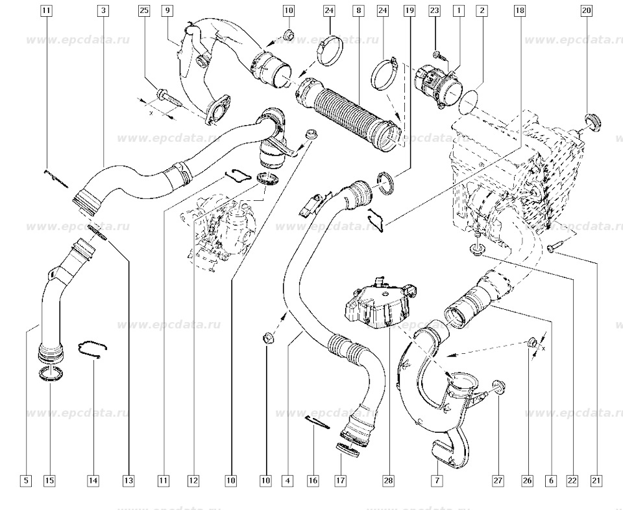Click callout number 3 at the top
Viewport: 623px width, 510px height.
tap(104, 11)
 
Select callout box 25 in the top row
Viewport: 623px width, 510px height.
tap(144, 11)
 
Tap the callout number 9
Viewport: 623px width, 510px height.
tap(167, 11)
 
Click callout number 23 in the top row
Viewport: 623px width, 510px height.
tap(435, 11)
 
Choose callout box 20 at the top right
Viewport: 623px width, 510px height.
tap(587, 11)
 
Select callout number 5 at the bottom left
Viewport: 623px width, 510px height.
tap(25, 481)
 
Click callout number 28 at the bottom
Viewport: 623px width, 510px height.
tap(388, 481)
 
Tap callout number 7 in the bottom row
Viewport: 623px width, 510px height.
tap(437, 481)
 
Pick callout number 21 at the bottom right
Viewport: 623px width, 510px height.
tap(596, 481)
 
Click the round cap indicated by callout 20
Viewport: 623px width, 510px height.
tap(592, 121)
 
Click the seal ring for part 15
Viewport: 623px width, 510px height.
tap(52, 374)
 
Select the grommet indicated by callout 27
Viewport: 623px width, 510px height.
tap(499, 386)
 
